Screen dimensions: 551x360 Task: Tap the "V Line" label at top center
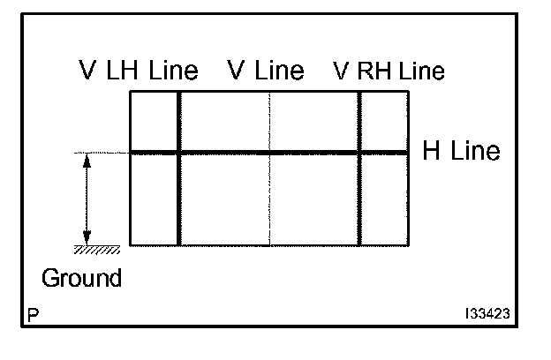265,70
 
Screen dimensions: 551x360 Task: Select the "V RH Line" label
389,70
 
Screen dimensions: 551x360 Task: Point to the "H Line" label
461,151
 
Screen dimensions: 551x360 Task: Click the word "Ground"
82,279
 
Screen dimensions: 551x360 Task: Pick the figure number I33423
488,314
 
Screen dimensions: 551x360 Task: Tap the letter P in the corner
33,314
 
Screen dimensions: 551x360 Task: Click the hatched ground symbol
96,249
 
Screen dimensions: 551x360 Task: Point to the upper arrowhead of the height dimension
87,159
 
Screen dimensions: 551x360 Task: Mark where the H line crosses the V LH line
179,153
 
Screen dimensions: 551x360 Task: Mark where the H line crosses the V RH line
359,153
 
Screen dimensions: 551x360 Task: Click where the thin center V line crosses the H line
269,153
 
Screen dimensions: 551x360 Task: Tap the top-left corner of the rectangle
131,91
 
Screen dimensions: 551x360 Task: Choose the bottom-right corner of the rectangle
408,244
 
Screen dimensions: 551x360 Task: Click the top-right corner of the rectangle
408,91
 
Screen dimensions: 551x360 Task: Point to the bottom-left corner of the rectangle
131,244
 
